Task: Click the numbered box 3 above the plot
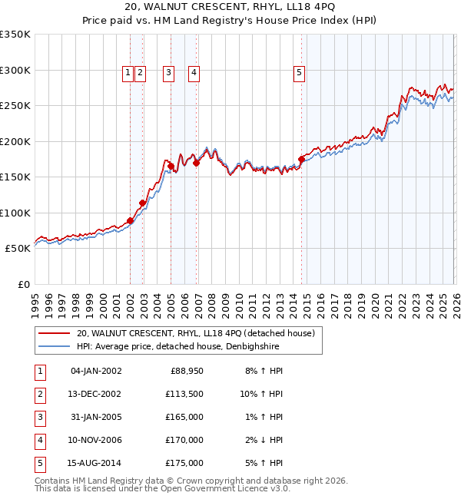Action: point(168,73)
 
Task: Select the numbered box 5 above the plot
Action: point(299,73)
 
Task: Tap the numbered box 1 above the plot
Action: point(128,73)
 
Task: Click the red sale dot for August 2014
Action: point(301,160)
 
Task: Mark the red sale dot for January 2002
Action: point(131,221)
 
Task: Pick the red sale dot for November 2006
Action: point(197,163)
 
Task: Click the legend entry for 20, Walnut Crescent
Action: point(195,333)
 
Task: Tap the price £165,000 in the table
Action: point(185,417)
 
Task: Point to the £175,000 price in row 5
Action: point(185,463)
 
